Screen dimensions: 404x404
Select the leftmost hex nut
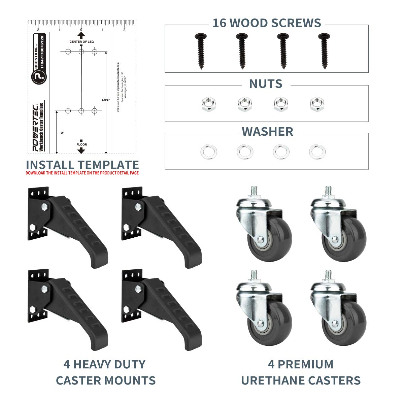206,105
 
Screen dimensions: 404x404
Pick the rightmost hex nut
316,105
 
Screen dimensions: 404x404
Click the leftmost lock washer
208,151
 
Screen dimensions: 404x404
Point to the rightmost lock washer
317,151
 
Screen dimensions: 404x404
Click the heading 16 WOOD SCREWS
267,23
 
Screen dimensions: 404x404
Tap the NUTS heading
266,84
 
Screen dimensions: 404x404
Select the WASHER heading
267,132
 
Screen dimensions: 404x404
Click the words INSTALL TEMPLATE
82,165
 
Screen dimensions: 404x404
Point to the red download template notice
82,173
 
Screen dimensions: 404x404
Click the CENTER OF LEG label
81,42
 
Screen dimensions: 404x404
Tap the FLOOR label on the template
81,145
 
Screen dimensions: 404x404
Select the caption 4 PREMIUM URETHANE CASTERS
301,372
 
